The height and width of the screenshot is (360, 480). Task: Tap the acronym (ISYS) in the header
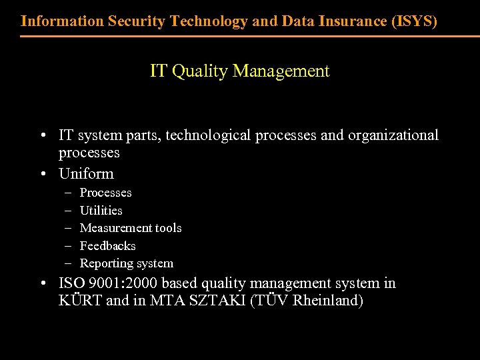tap(415, 21)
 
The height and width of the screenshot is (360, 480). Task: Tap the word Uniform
tap(86, 174)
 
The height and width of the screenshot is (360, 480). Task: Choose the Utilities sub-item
tap(101, 210)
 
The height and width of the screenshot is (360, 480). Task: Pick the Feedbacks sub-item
tap(107, 245)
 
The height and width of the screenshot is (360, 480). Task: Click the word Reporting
tap(105, 263)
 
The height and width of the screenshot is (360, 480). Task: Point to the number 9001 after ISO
tap(100, 283)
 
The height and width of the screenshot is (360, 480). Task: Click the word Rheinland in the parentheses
tap(328, 301)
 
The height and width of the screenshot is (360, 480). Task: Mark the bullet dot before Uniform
tap(42, 175)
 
